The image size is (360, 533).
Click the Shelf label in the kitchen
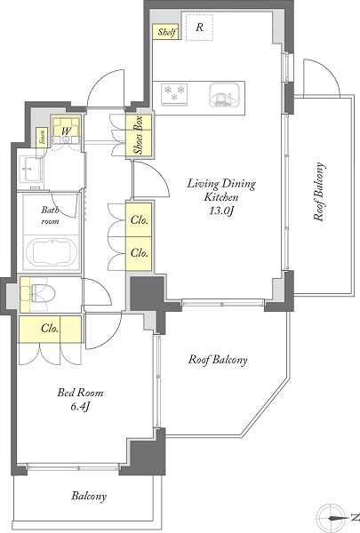[x=167, y=32]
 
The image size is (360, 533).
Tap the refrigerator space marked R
[x=199, y=28]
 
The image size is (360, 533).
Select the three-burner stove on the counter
[x=174, y=94]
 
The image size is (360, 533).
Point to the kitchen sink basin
[x=224, y=94]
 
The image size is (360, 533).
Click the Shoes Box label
[x=139, y=135]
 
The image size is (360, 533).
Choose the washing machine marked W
[x=66, y=131]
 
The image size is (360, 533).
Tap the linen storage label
[x=43, y=137]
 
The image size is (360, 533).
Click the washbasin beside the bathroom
[x=30, y=169]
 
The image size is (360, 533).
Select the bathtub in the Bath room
[x=52, y=252]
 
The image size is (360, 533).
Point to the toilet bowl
[x=44, y=293]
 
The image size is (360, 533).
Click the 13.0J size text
[x=221, y=211]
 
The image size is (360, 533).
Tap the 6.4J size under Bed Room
[x=80, y=407]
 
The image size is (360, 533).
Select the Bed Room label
[x=80, y=393]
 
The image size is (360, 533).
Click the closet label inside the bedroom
[x=50, y=329]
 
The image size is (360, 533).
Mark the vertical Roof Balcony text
[x=319, y=192]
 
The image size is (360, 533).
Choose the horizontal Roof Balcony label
[x=218, y=360]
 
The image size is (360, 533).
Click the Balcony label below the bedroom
[x=89, y=497]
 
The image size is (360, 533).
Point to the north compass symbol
[x=334, y=518]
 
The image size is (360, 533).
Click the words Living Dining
[x=221, y=184]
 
